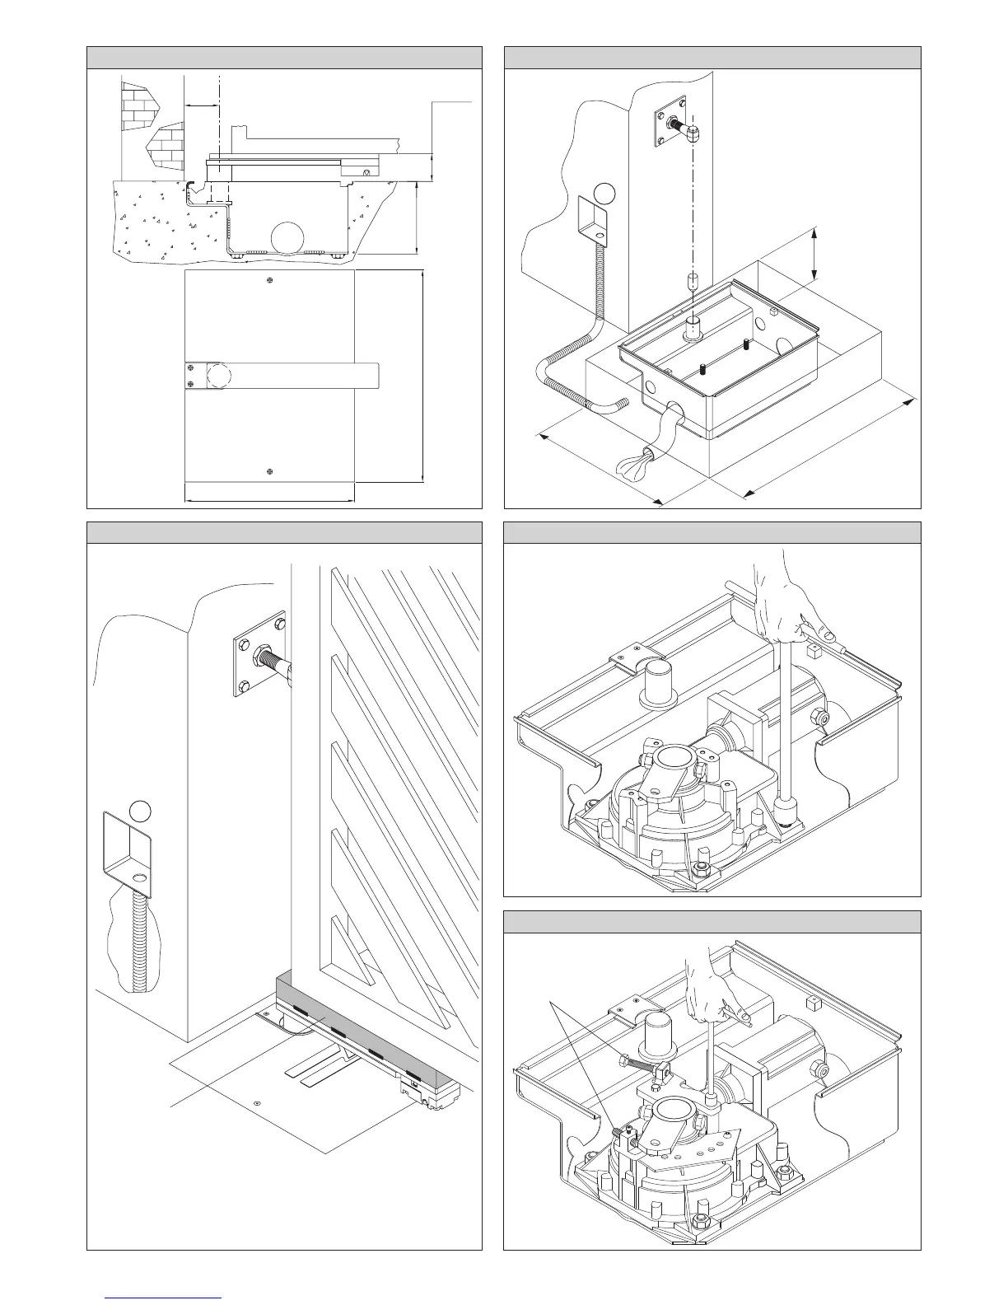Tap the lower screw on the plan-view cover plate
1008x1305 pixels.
[270, 470]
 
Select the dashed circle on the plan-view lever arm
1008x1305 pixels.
[219, 376]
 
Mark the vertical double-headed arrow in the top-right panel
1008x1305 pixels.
[814, 255]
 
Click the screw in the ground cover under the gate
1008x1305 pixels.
[258, 1102]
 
